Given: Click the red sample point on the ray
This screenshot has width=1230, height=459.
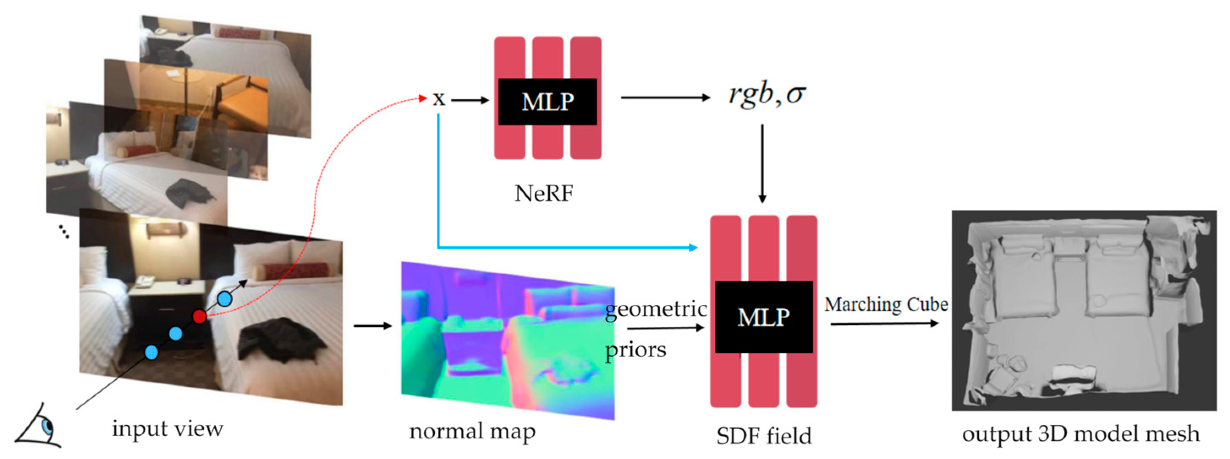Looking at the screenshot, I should click(x=199, y=316).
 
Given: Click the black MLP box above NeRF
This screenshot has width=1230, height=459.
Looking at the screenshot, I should click(x=547, y=101).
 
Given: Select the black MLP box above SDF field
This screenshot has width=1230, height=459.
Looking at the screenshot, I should click(x=763, y=317).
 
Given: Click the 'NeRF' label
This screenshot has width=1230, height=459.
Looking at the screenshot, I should click(x=544, y=194).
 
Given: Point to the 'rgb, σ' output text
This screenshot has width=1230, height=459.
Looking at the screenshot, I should click(x=767, y=95).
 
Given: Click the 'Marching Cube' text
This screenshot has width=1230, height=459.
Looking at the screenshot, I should click(x=886, y=304).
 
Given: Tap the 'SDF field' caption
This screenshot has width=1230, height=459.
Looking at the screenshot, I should click(x=763, y=436).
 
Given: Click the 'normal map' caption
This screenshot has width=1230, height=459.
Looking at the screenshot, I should click(x=472, y=432).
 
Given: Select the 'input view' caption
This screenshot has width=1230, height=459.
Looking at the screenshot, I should click(x=167, y=429).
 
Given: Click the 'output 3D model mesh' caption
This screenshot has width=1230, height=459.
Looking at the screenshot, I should click(x=1080, y=434).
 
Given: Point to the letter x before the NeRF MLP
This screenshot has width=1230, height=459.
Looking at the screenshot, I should click(x=438, y=99).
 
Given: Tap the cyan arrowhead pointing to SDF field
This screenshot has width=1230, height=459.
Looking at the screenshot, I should click(x=693, y=247).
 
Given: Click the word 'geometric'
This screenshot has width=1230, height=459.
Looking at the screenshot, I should click(x=656, y=309).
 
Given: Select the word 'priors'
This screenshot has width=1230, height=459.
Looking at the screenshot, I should click(x=635, y=350).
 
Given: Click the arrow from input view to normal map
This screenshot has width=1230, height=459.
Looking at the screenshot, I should click(x=373, y=326).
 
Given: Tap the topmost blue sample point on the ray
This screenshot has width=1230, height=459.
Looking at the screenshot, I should click(x=225, y=299).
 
